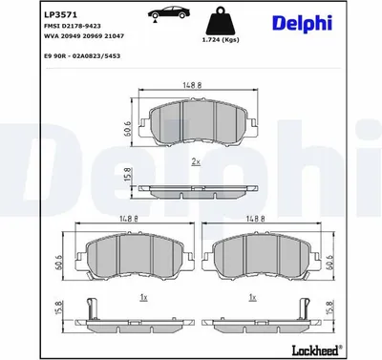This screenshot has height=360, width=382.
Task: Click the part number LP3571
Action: coord(60,14)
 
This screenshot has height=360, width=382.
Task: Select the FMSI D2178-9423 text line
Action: coord(72,26)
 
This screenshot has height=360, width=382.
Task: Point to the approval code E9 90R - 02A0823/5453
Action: coord(81,56)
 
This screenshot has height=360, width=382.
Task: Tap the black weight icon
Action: coord(221,21)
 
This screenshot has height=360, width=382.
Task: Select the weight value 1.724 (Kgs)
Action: coord(221,40)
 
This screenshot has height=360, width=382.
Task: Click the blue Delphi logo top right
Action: coord(302,24)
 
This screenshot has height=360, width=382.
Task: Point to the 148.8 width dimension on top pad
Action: coord(192,85)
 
